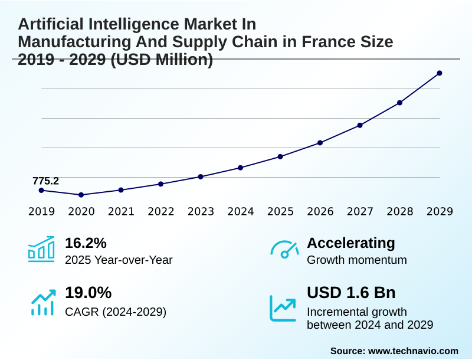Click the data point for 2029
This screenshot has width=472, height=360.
pyautogui.click(x=440, y=73)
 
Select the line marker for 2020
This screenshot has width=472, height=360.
pyautogui.click(x=81, y=195)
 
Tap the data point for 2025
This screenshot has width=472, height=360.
pyautogui.click(x=280, y=156)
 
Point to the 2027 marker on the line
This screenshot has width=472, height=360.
pyautogui.click(x=360, y=125)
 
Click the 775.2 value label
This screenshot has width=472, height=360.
pyautogui.click(x=45, y=181)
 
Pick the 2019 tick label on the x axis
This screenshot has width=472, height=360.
pyautogui.click(x=41, y=211)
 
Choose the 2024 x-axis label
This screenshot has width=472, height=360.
pyautogui.click(x=240, y=211)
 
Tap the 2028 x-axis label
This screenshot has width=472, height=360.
pyautogui.click(x=399, y=211)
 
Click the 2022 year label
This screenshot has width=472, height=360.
pyautogui.click(x=160, y=211)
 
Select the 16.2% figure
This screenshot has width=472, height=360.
pyautogui.click(x=86, y=243)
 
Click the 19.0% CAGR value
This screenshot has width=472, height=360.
pyautogui.click(x=88, y=293)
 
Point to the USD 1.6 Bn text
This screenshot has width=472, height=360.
pyautogui.click(x=351, y=293)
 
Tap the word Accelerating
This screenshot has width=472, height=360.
pyautogui.click(x=351, y=243)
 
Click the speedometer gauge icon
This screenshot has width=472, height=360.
pyautogui.click(x=284, y=249)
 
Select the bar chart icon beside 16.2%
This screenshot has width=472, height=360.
pyautogui.click(x=41, y=249)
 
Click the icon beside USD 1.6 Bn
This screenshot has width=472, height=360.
pyautogui.click(x=283, y=307)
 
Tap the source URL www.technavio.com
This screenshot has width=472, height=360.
pyautogui.click(x=413, y=351)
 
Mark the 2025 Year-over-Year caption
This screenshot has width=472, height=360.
pyautogui.click(x=119, y=260)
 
